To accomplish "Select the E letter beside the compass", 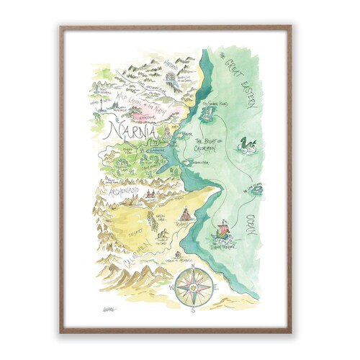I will click(215, 290).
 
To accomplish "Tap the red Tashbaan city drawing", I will click(186, 215).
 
